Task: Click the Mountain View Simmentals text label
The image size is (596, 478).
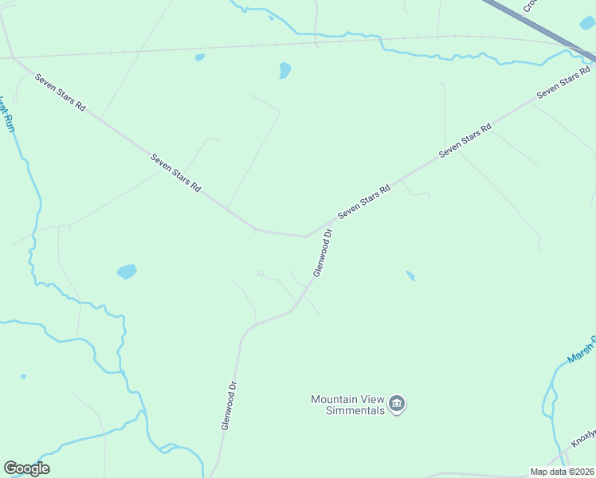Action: [x=347, y=405]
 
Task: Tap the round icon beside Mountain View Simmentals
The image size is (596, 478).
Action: [x=398, y=405]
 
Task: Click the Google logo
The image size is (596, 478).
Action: [x=26, y=468]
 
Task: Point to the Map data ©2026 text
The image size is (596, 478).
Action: [x=562, y=472]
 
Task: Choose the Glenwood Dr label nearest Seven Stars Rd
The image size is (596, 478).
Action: [x=323, y=253]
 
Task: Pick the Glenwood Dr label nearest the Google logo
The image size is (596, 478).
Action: [x=229, y=405]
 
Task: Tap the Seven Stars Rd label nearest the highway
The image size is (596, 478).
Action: [x=563, y=84]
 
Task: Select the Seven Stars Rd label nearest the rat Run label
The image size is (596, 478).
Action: [x=60, y=92]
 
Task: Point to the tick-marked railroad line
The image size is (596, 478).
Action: [x=239, y=45]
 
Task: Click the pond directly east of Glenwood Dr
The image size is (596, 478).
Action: [x=410, y=276]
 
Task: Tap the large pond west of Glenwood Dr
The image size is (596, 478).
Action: [x=127, y=272]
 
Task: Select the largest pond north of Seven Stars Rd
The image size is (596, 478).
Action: [x=284, y=70]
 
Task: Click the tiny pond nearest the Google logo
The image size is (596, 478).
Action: [x=23, y=376]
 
